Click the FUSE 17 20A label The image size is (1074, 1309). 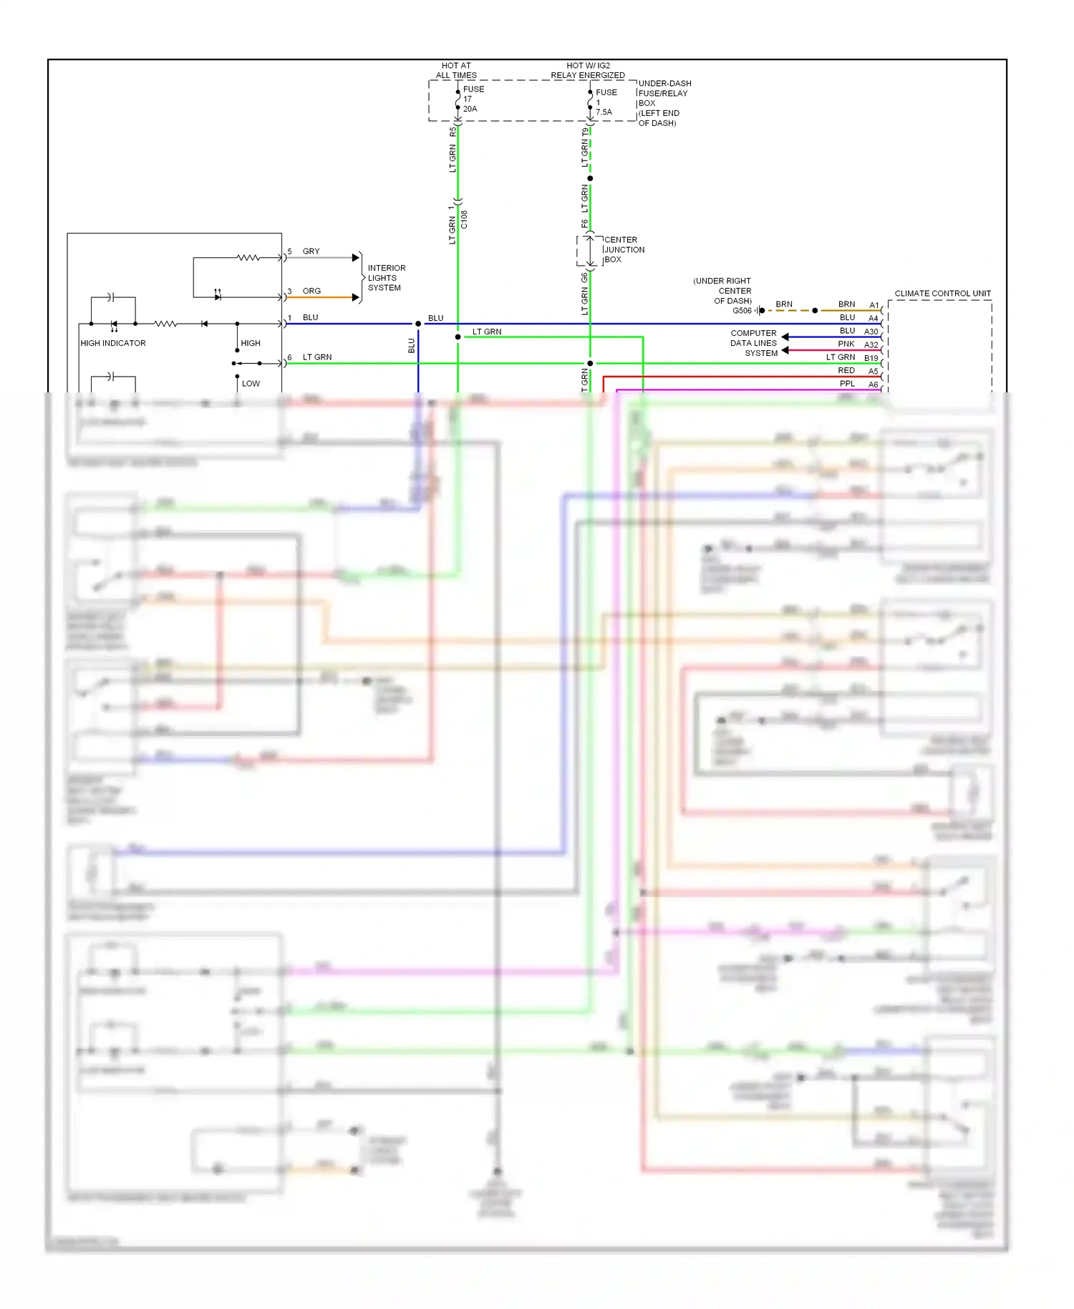[473, 99]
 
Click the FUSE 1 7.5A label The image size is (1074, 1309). [605, 102]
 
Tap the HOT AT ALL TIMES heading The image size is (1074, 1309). [456, 70]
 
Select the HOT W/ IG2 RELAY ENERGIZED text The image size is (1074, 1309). [587, 70]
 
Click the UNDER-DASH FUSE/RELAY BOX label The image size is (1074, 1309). [664, 103]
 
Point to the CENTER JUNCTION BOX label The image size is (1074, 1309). [624, 250]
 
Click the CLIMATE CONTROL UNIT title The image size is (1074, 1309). [942, 294]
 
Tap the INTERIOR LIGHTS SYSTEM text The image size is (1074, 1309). [386, 278]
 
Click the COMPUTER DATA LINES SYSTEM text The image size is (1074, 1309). [753, 343]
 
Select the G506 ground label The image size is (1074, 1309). [742, 311]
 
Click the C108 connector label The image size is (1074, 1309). [464, 219]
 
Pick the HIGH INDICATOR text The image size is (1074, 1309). [113, 343]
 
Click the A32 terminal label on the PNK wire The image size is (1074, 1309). [871, 345]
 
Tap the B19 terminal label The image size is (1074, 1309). [871, 358]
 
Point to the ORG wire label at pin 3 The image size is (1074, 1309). [311, 291]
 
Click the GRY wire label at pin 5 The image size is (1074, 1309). [311, 251]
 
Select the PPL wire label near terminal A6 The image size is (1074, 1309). [847, 384]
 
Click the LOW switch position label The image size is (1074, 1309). [251, 384]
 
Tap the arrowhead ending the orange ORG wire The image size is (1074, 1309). [356, 297]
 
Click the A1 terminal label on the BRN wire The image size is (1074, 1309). [874, 306]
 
